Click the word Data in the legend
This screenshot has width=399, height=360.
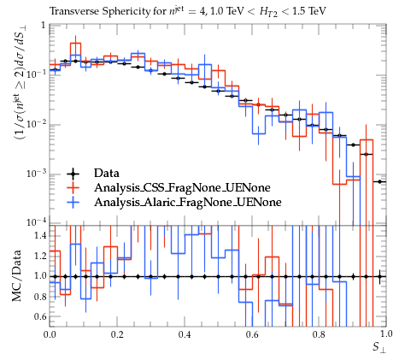107,174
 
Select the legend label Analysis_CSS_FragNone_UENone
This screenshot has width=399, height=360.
182,187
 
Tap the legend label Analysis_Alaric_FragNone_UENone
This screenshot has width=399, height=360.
188,202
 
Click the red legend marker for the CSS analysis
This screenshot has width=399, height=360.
73,187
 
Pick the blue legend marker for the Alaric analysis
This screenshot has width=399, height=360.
73,202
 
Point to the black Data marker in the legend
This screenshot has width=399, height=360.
73,174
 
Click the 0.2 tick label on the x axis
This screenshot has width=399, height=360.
117,334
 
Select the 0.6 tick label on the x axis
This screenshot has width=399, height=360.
252,334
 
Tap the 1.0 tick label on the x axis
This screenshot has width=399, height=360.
385,334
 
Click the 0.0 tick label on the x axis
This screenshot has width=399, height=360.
50,334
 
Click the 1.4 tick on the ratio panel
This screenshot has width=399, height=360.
40,235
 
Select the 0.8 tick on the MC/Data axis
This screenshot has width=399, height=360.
40,297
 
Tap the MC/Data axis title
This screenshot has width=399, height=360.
16,275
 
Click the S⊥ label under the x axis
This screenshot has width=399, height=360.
380,348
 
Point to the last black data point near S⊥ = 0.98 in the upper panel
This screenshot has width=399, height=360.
379,181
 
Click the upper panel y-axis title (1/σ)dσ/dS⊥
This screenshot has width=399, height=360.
21,86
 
